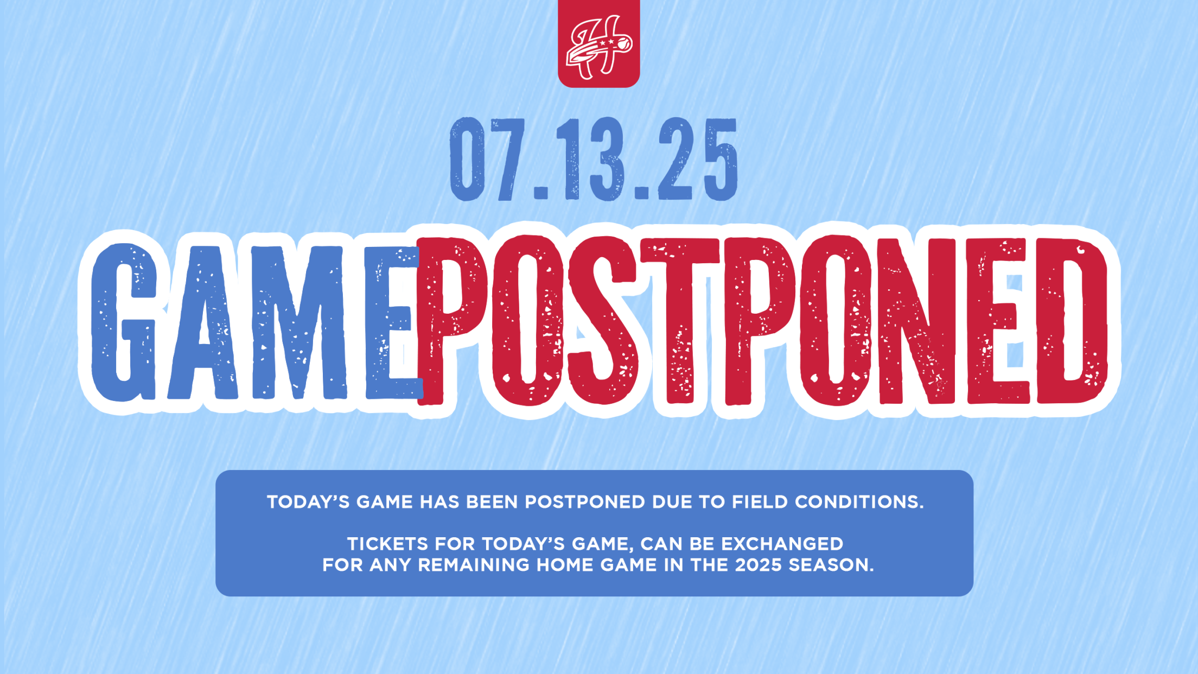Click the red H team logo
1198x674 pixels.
click(x=599, y=44)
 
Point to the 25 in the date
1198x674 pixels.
click(x=698, y=160)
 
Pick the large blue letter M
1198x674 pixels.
click(x=299, y=323)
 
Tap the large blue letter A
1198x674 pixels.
click(x=202, y=323)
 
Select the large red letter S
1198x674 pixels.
click(x=602, y=320)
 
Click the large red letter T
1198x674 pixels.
click(x=680, y=321)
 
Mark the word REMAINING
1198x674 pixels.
click(x=474, y=565)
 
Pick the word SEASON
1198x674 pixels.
click(x=831, y=565)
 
